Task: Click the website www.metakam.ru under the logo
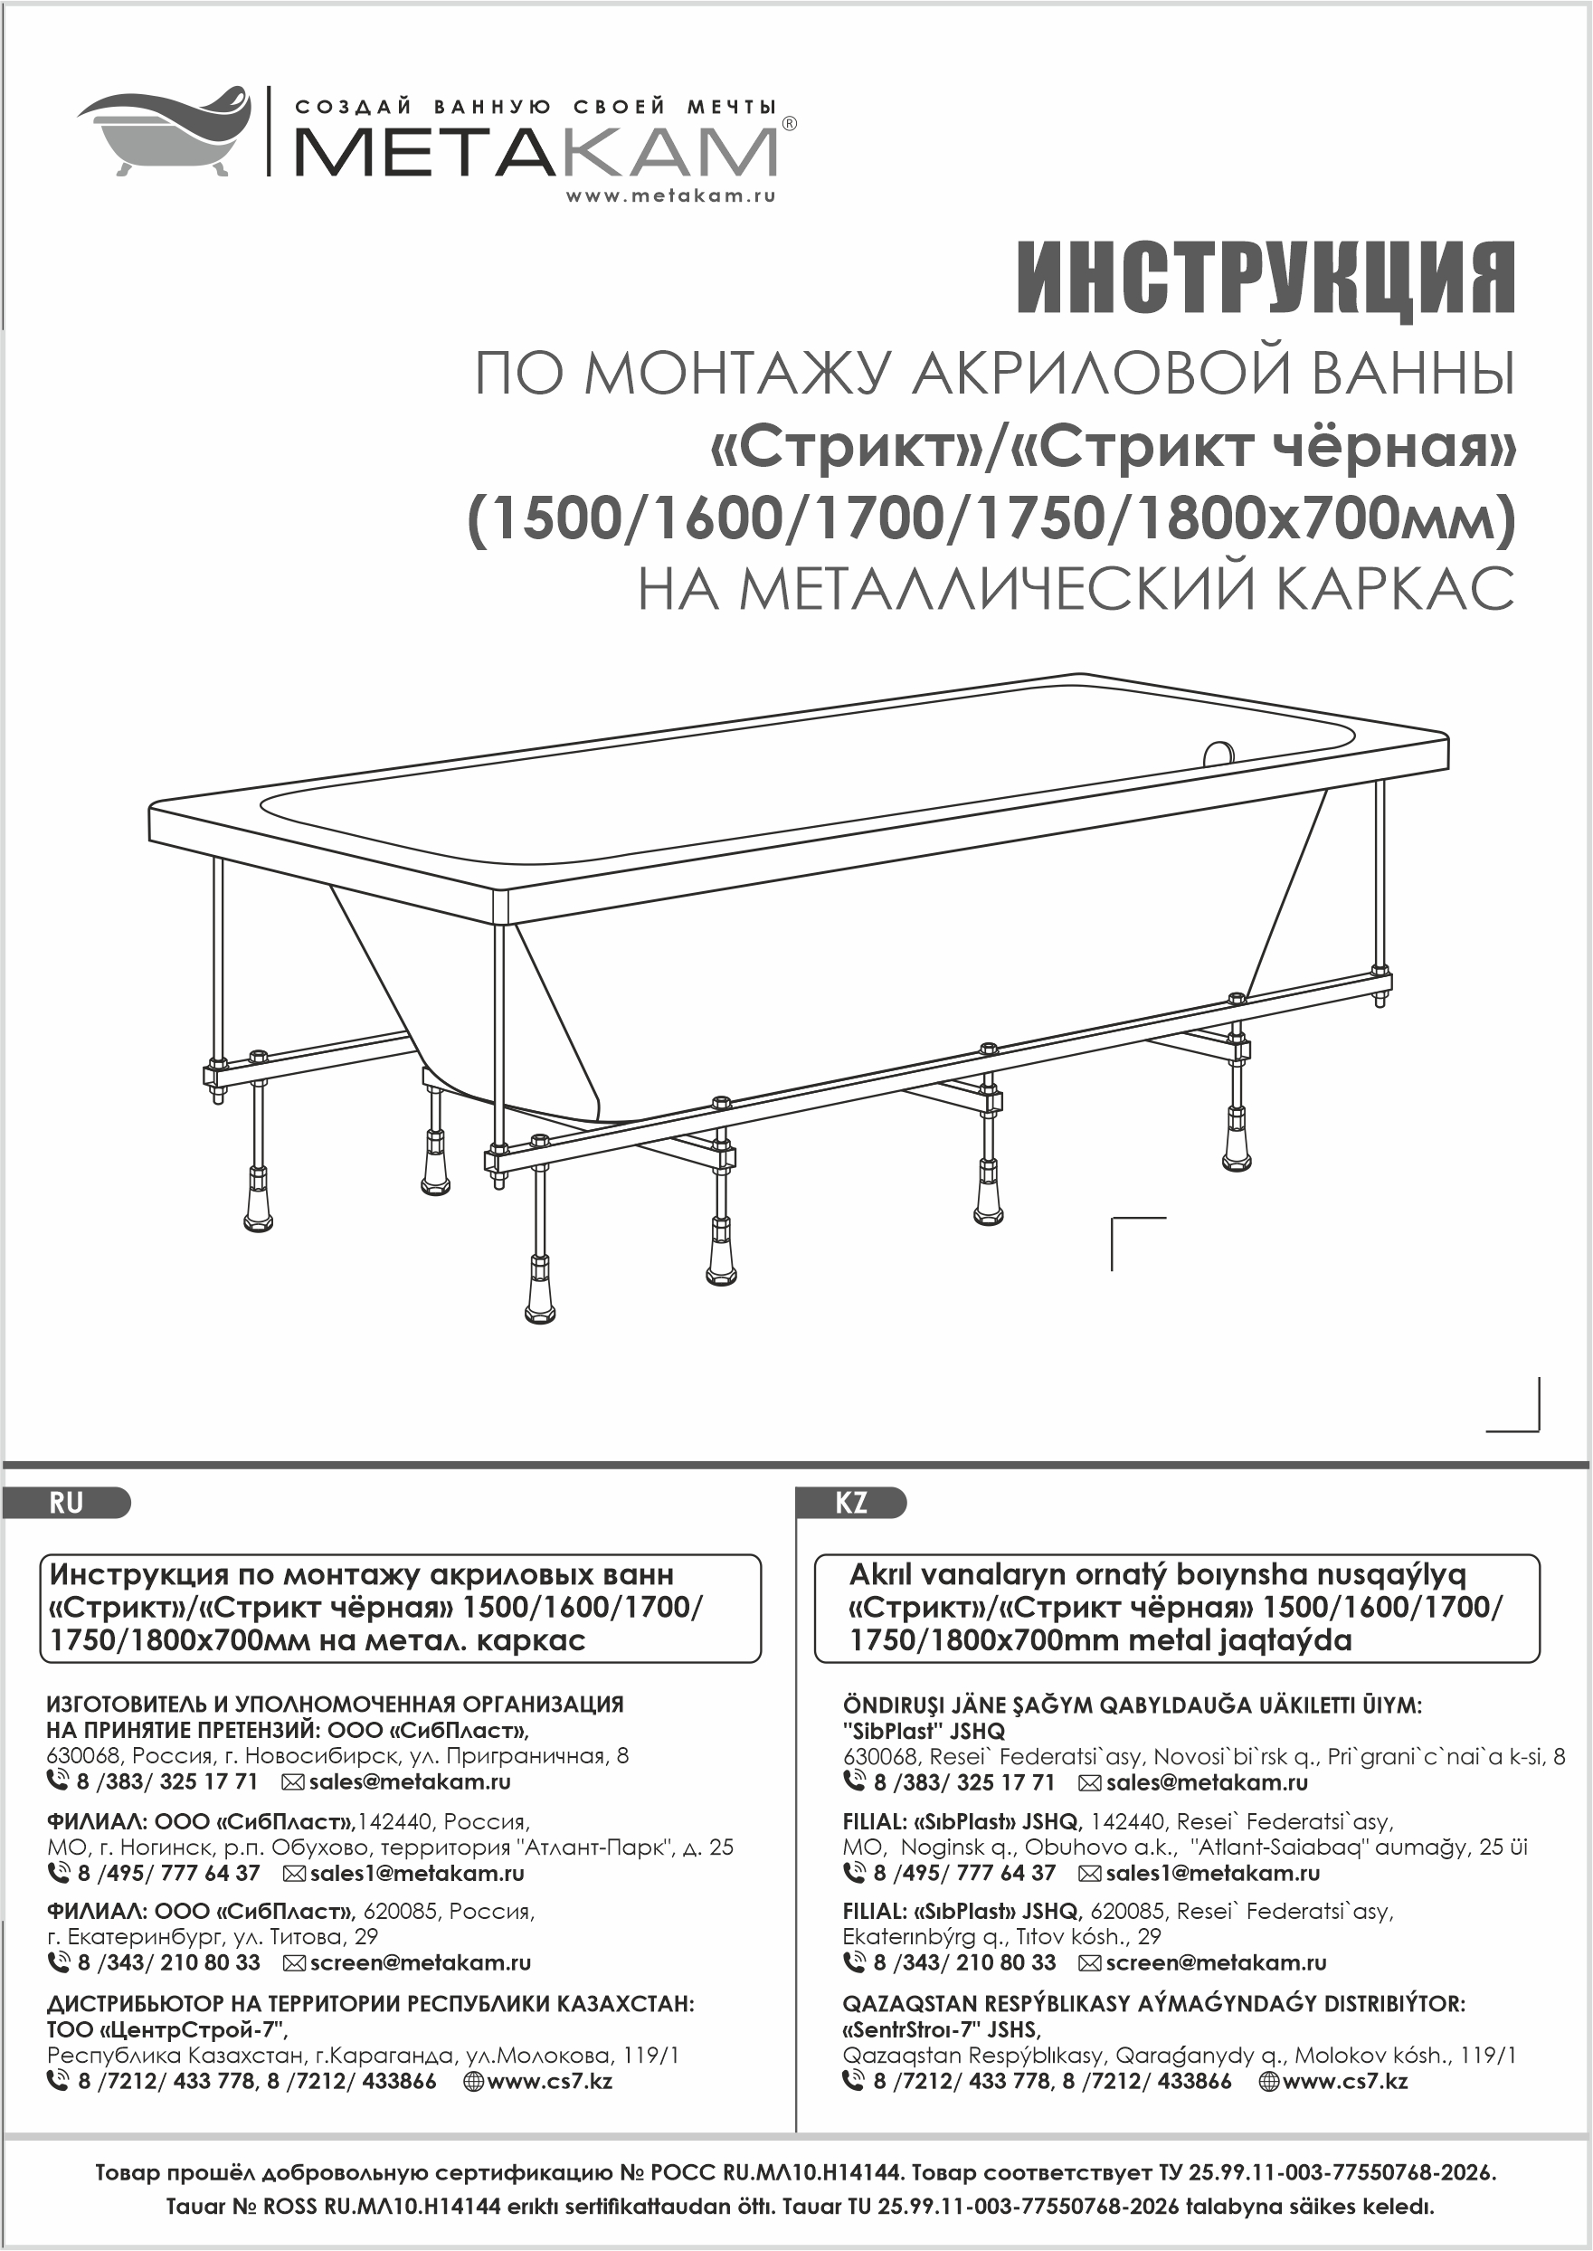point(670,195)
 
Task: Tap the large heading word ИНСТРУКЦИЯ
point(1266,280)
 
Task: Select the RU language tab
point(67,1504)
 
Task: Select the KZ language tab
point(851,1504)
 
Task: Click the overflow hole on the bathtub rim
point(1218,754)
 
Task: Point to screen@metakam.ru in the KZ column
point(1216,1962)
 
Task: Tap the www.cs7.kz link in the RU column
point(549,2081)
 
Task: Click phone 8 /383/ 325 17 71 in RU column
point(166,1782)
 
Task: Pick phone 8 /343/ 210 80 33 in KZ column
point(964,1962)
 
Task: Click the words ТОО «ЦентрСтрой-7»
point(166,2029)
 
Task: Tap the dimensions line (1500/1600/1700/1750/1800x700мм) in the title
point(991,518)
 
